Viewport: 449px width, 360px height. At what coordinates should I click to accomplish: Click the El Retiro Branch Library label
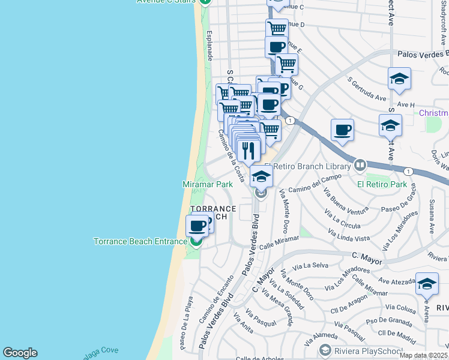(312, 166)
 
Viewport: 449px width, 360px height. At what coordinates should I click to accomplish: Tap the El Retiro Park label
(382, 185)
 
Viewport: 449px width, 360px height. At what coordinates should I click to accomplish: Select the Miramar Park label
(207, 185)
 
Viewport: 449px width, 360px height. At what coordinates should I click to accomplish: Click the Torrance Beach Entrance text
(140, 242)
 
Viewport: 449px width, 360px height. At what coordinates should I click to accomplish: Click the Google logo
(20, 353)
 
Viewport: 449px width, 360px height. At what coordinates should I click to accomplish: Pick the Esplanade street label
(209, 45)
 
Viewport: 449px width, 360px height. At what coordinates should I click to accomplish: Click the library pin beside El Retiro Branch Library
(360, 164)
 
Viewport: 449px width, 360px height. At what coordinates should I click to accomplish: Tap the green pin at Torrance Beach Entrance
(196, 241)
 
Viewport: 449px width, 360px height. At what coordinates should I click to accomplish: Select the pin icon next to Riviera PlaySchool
(325, 350)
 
